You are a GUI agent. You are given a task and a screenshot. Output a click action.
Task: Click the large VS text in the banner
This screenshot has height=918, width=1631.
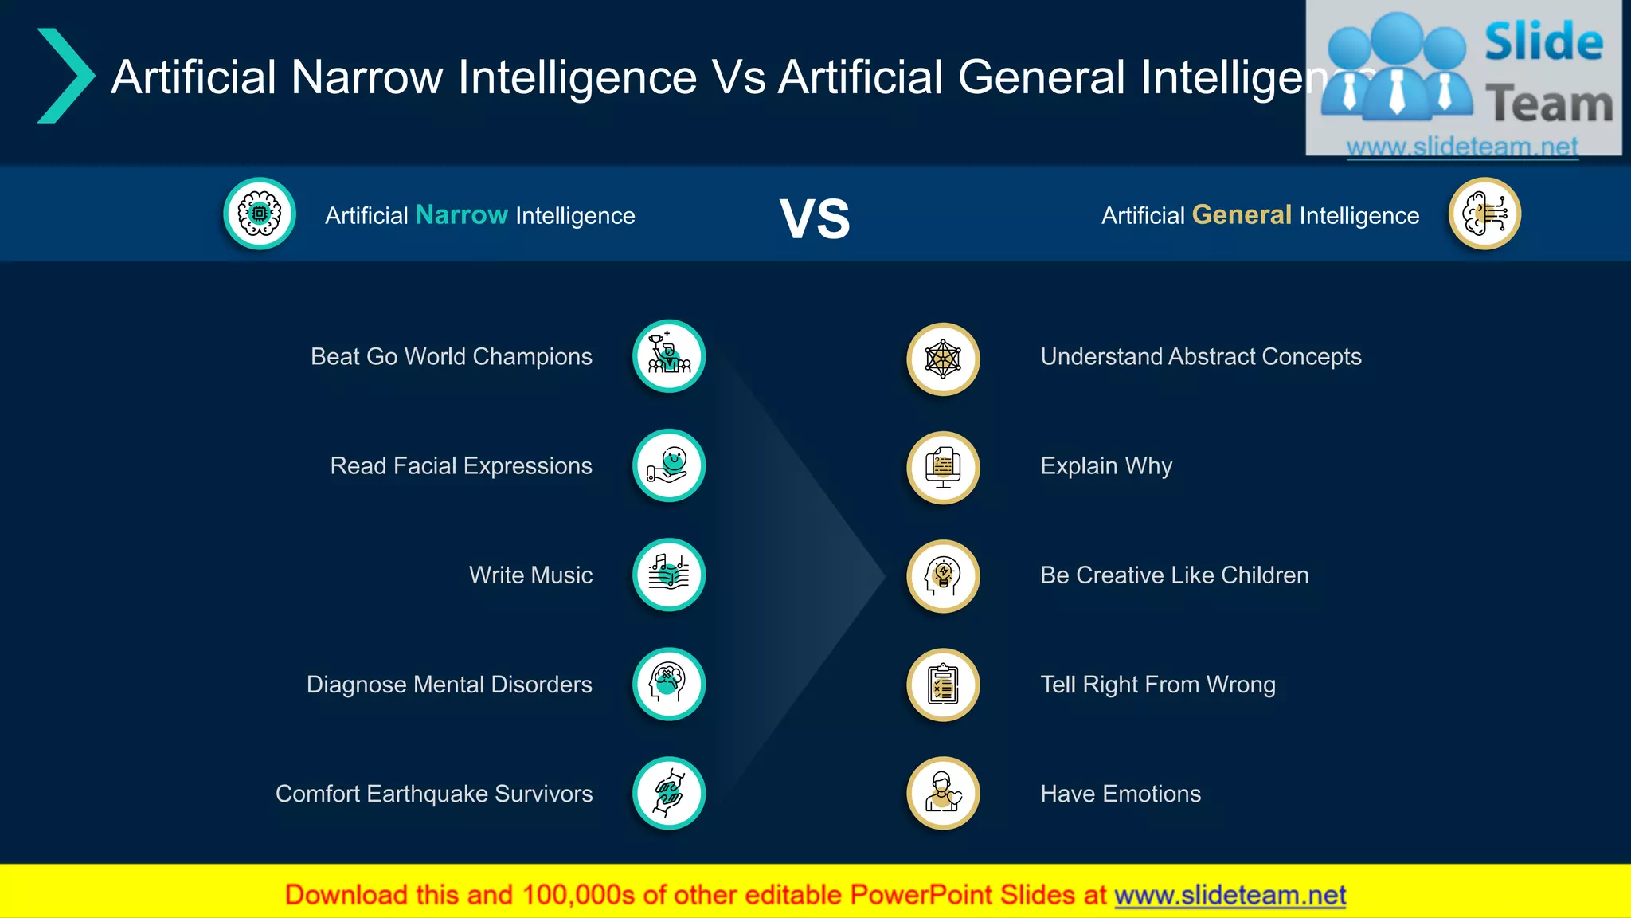815,218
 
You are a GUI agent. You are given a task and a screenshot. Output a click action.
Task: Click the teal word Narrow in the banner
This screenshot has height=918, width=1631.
461,214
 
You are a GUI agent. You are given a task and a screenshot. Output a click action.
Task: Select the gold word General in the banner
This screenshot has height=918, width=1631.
1242,214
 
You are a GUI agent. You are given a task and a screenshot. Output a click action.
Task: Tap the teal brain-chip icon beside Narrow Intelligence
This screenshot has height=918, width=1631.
260,214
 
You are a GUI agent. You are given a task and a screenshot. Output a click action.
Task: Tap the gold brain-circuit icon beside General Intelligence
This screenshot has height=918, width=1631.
1484,214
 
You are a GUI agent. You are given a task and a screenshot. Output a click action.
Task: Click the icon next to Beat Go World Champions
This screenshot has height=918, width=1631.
669,356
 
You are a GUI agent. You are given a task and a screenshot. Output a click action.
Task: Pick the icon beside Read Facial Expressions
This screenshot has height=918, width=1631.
669,465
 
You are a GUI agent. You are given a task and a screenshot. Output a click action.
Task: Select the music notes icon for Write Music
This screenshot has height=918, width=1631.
669,575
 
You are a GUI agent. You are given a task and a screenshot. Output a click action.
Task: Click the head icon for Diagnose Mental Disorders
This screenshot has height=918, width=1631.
669,684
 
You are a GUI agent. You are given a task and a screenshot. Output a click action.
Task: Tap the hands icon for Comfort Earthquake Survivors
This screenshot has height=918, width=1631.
669,793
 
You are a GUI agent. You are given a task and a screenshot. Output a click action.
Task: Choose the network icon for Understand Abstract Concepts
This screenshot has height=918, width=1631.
943,359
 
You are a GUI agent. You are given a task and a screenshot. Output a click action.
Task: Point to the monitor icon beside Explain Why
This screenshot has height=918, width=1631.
943,468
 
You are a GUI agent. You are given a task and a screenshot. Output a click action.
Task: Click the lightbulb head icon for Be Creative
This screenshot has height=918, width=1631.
943,576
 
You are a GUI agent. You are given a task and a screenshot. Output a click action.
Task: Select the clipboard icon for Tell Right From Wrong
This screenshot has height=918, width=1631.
943,685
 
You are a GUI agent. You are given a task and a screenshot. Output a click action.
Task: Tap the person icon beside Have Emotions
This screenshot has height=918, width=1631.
943,793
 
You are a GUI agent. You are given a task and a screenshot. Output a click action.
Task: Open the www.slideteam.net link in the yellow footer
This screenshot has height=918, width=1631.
1230,895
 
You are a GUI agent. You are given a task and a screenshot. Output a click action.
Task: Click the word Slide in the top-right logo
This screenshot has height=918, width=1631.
1543,42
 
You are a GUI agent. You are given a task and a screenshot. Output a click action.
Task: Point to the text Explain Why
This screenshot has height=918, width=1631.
1106,465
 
